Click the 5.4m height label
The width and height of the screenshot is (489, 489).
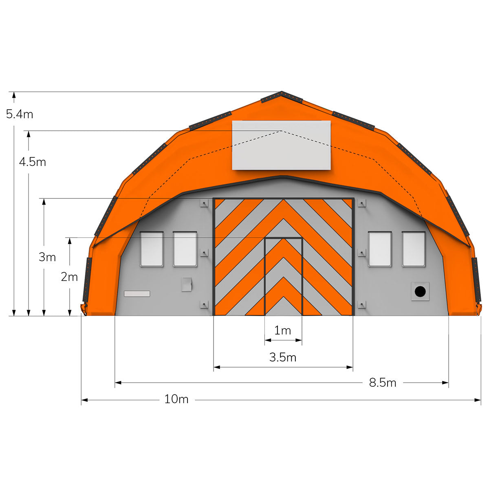click(x=20, y=114)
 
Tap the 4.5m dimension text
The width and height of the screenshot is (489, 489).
click(x=33, y=162)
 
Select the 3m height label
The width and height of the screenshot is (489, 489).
click(x=47, y=257)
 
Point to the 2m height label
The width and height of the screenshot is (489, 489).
click(x=69, y=277)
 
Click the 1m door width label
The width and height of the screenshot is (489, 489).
click(x=283, y=330)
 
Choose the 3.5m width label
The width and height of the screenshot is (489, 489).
click(x=283, y=357)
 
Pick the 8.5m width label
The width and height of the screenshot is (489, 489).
click(x=382, y=383)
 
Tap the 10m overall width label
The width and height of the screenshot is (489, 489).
click(x=176, y=399)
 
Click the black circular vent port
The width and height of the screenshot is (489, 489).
click(x=420, y=291)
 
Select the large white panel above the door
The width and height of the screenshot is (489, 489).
click(x=281, y=145)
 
